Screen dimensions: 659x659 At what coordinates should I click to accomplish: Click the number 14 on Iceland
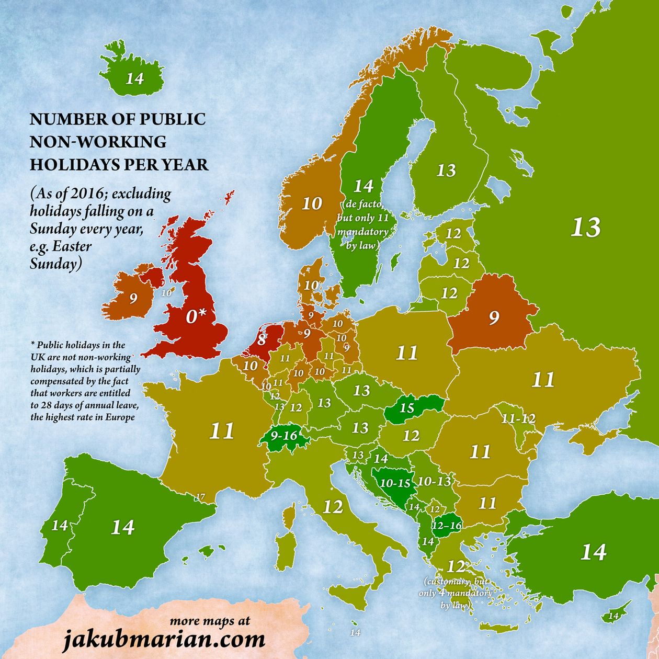134,78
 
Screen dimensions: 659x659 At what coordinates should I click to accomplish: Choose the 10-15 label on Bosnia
395,483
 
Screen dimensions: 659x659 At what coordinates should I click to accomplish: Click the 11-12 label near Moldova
518,419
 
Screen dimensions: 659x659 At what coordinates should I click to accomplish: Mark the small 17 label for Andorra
200,496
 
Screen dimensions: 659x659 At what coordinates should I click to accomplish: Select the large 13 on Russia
585,228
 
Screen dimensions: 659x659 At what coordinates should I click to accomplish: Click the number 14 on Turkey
593,552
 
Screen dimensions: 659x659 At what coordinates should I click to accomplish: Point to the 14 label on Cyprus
613,616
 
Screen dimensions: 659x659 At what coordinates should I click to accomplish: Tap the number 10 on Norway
312,203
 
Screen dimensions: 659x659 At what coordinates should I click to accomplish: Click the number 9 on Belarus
494,317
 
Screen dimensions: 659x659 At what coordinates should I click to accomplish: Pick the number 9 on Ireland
133,299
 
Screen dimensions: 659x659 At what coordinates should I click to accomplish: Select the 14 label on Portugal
59,525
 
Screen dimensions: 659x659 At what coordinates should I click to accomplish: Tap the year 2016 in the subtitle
93,195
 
